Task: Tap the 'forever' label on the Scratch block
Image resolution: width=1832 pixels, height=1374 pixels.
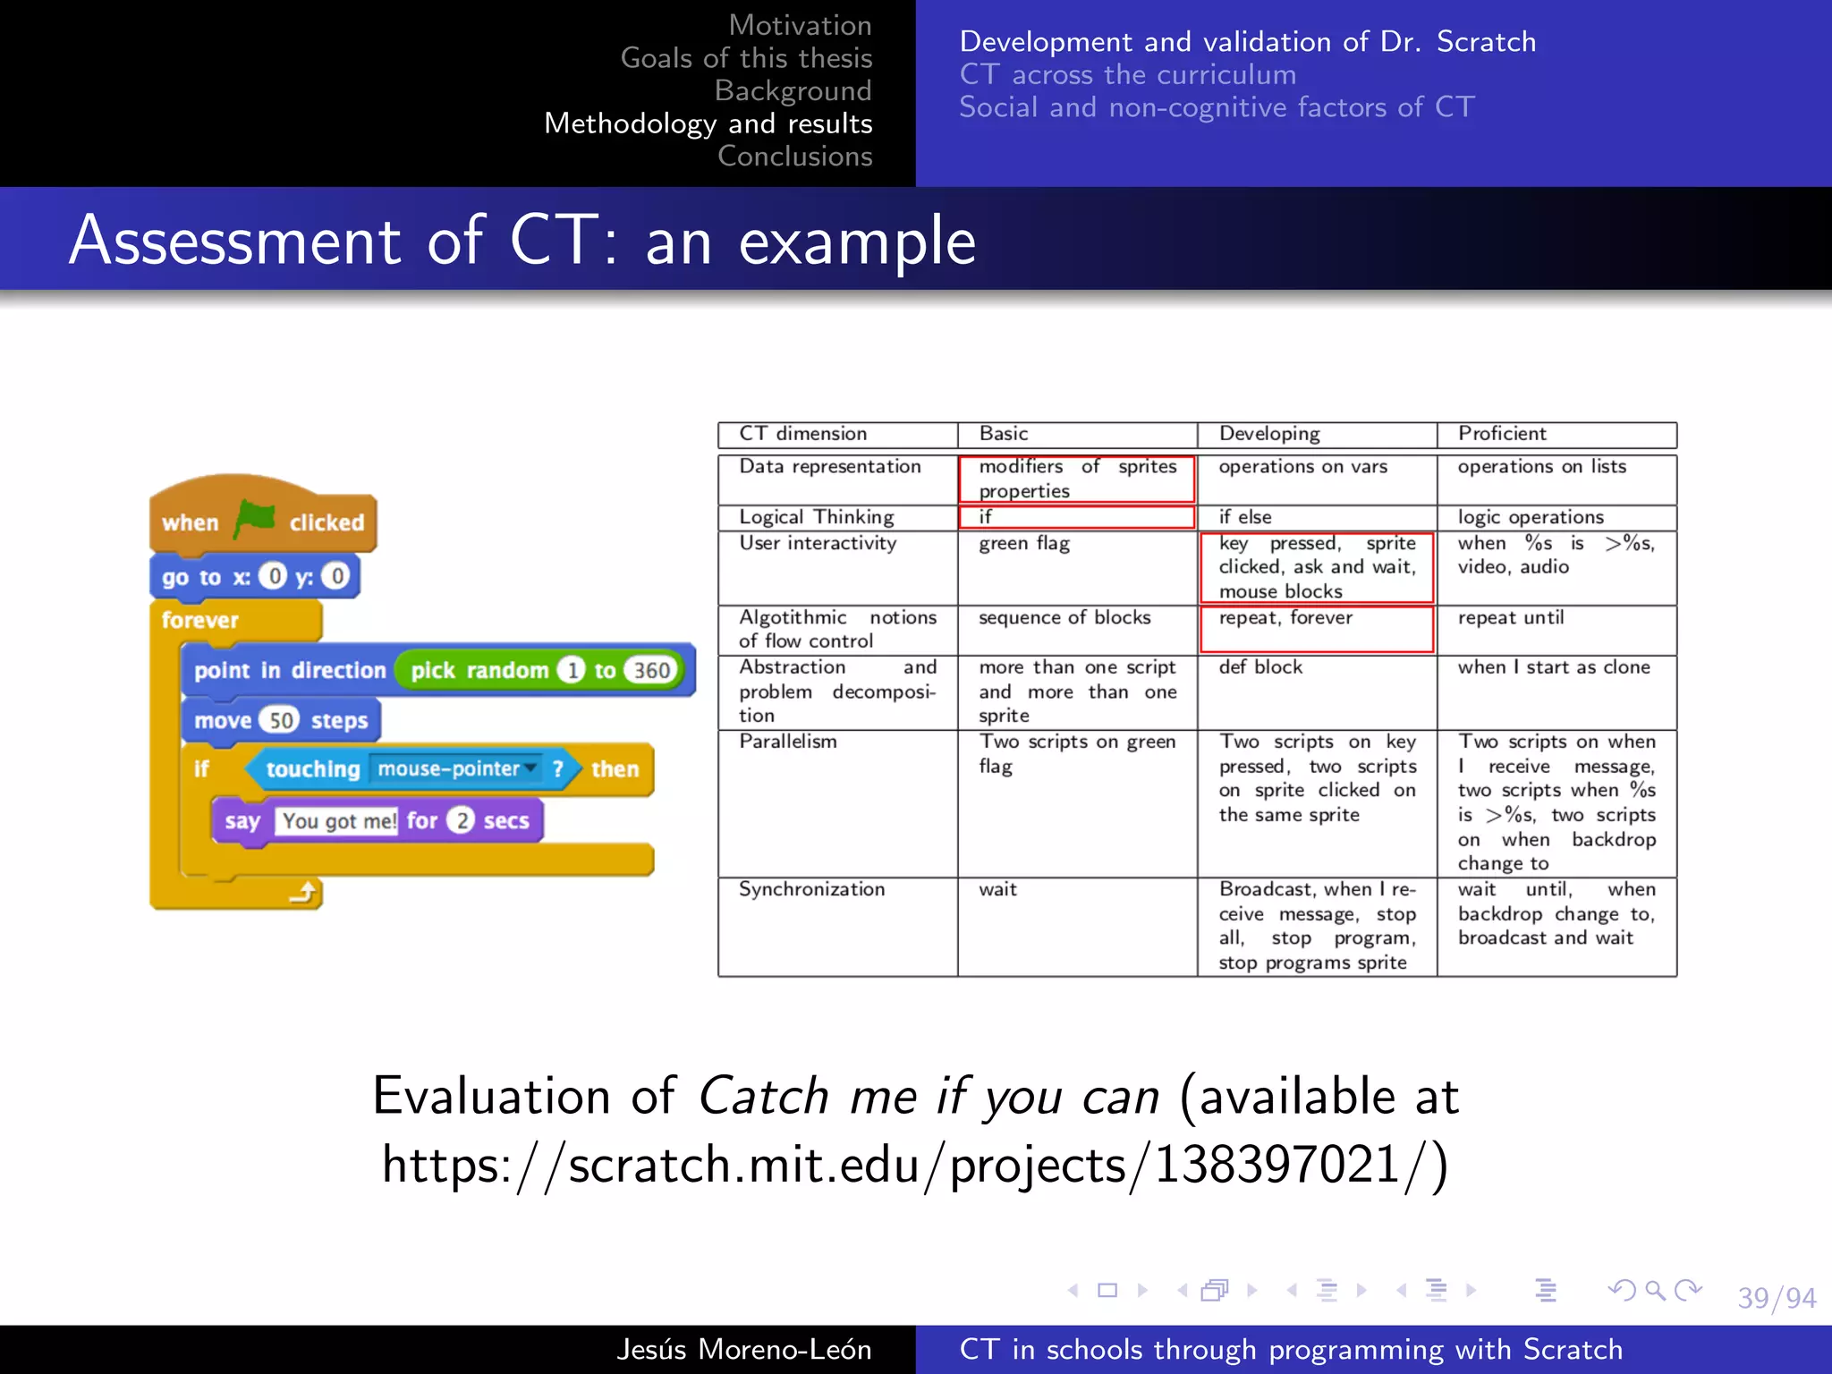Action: point(200,620)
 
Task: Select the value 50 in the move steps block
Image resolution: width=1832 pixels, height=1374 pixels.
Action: point(281,721)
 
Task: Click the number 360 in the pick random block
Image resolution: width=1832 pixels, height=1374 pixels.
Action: point(652,670)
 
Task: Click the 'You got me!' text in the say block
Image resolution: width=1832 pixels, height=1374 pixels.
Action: point(338,821)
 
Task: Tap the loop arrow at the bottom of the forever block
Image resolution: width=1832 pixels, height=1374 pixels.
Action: point(304,892)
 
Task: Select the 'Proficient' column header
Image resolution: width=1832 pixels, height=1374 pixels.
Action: point(1502,434)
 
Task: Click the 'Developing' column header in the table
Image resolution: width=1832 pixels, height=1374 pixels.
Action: point(1268,434)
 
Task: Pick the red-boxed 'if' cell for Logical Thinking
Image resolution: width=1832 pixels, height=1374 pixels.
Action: point(1076,517)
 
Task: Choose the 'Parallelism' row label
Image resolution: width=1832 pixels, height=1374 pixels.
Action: point(788,742)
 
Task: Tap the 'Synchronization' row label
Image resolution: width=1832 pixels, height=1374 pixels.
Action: point(811,889)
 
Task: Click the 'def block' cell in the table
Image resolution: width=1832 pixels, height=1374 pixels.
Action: point(1260,667)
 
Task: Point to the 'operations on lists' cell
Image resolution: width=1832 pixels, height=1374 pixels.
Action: point(1541,467)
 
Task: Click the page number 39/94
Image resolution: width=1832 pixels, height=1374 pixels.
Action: point(1776,1297)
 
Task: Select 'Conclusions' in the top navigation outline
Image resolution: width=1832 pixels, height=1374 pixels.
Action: point(794,156)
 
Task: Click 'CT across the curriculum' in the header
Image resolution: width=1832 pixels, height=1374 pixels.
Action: point(1127,74)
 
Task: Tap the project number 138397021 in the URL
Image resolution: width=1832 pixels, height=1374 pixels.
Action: point(1276,1165)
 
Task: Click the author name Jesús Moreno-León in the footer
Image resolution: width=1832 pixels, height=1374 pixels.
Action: point(743,1349)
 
